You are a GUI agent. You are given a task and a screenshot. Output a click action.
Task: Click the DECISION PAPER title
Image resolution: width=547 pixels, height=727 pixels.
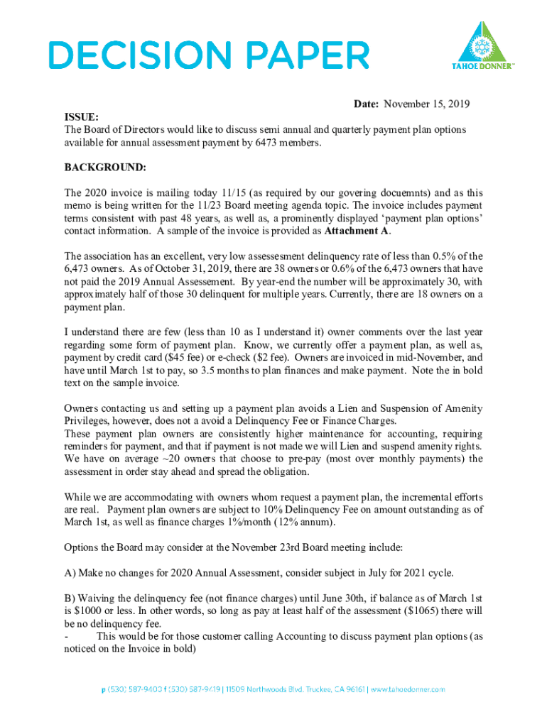tap(208, 55)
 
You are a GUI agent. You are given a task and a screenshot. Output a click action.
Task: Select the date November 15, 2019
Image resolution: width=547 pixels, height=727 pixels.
tap(427, 104)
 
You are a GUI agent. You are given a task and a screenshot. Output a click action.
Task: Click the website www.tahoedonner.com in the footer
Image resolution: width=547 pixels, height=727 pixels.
tap(408, 689)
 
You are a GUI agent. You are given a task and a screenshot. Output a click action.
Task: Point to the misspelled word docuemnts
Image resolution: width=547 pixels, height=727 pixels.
tap(404, 193)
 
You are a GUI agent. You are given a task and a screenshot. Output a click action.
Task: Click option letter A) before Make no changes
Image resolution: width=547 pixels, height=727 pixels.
tap(70, 573)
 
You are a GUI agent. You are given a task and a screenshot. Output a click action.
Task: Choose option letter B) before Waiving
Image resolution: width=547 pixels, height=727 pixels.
tap(70, 599)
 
